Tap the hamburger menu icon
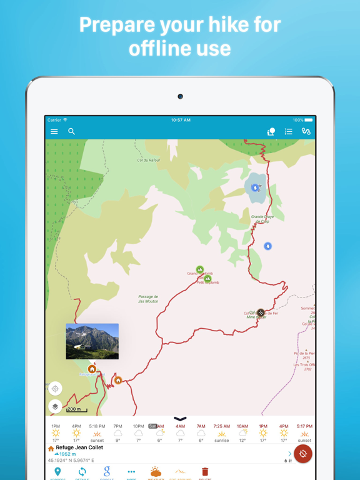(x=54, y=132)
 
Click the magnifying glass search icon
(x=71, y=131)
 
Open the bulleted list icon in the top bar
(x=288, y=132)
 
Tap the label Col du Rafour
(x=149, y=160)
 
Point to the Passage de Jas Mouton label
(x=148, y=299)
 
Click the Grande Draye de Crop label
(x=262, y=219)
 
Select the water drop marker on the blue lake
(x=255, y=187)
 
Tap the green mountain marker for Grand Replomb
(x=200, y=270)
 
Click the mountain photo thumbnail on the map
(x=92, y=341)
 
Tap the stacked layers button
(x=55, y=406)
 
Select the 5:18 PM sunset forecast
(x=97, y=432)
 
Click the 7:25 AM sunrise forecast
(x=221, y=432)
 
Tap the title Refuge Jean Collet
(x=79, y=447)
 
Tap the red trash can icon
(x=204, y=472)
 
